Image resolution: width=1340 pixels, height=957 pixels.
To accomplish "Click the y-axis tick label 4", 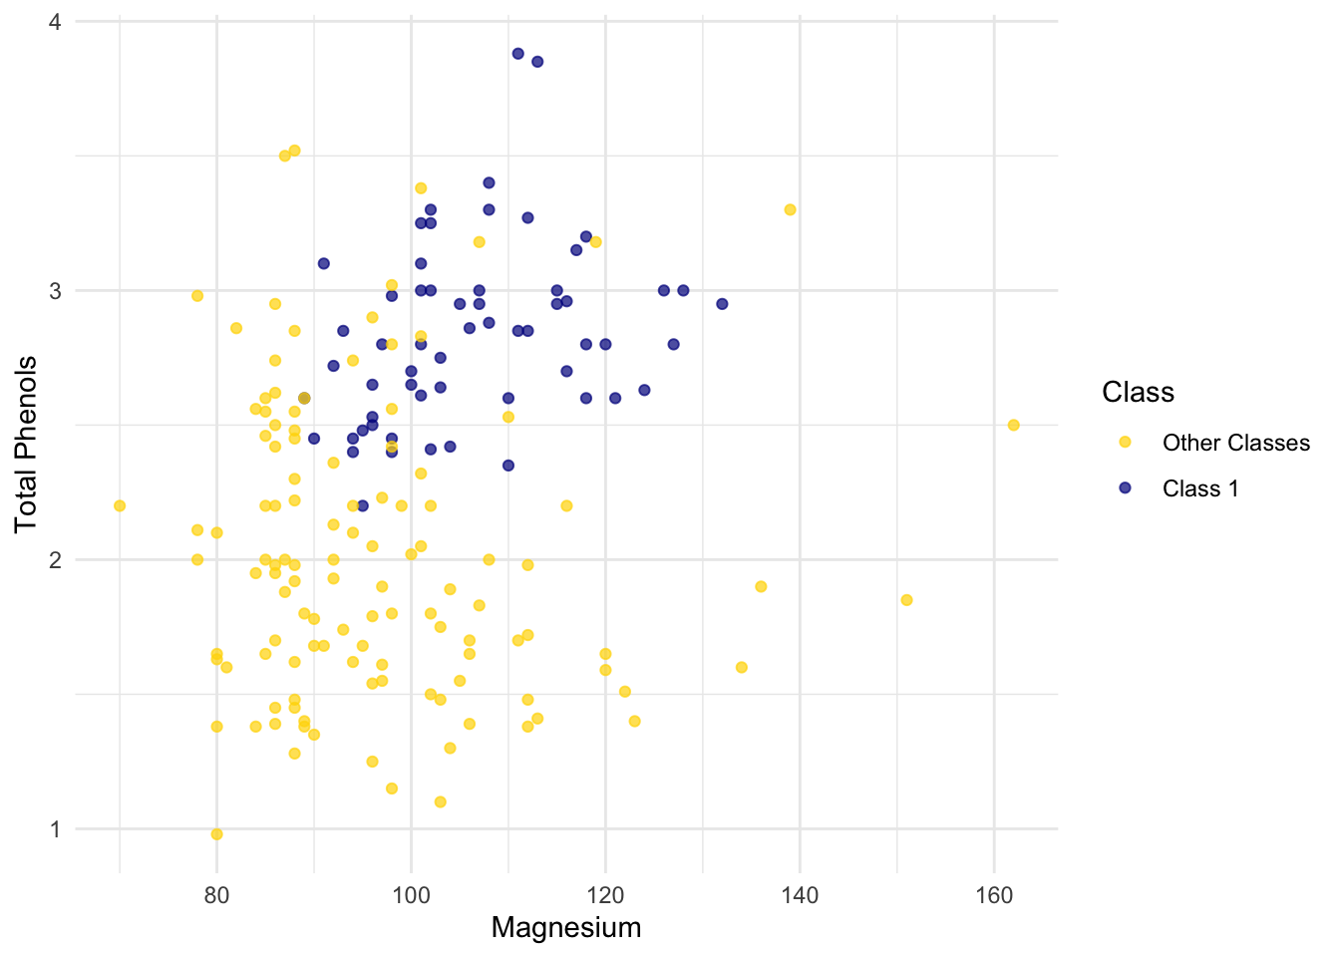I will click(56, 22).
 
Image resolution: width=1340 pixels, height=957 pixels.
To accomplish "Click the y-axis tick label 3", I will click(56, 291).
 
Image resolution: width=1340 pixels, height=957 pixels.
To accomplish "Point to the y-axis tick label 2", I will click(56, 560).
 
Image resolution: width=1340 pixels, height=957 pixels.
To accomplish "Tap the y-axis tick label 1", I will click(56, 829).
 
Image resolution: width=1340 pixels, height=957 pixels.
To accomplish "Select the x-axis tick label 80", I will click(216, 895).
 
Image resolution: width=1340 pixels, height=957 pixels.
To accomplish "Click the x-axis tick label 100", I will click(411, 895).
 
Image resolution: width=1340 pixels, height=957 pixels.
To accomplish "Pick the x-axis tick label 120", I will click(605, 895).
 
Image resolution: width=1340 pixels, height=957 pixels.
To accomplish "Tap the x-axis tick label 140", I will click(800, 895).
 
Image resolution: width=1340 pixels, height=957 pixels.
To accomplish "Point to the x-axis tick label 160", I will click(994, 895).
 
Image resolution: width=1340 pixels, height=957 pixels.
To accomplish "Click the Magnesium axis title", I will click(566, 928).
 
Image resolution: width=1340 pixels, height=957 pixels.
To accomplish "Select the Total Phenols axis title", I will click(26, 445).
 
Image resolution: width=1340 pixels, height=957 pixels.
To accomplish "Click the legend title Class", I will click(1138, 393).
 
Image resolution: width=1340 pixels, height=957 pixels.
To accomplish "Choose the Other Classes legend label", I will click(1235, 444).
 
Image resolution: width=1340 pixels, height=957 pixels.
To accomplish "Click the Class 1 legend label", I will click(1199, 488).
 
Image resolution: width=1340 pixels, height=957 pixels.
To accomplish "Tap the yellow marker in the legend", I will click(1125, 443).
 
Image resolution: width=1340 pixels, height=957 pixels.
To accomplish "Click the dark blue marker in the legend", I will click(1125, 488).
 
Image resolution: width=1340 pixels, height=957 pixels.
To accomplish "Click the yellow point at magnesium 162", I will click(1013, 425).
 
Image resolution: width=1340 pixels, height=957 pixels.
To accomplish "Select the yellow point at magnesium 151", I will click(906, 600).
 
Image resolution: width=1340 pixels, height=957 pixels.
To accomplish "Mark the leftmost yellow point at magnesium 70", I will click(120, 505).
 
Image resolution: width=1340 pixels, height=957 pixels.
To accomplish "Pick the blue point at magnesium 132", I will click(722, 304).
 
